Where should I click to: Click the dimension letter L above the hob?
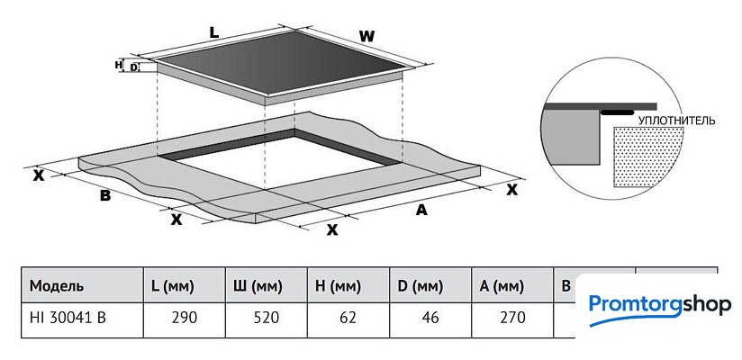(213, 31)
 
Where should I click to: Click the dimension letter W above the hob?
(366, 37)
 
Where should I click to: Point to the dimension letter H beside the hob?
(118, 65)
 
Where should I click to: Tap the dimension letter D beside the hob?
(134, 67)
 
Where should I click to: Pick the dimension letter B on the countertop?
(104, 195)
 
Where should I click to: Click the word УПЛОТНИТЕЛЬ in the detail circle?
(675, 119)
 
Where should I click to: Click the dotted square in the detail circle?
(645, 157)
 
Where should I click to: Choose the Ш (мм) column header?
(258, 286)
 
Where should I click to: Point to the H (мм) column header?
(339, 286)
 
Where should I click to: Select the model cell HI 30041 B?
(67, 317)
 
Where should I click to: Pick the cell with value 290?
(185, 317)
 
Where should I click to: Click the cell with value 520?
(267, 317)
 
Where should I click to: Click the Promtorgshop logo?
(659, 304)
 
